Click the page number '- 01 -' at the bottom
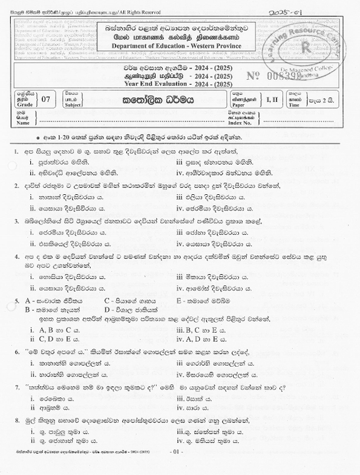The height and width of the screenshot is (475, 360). pyautogui.click(x=177, y=469)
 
